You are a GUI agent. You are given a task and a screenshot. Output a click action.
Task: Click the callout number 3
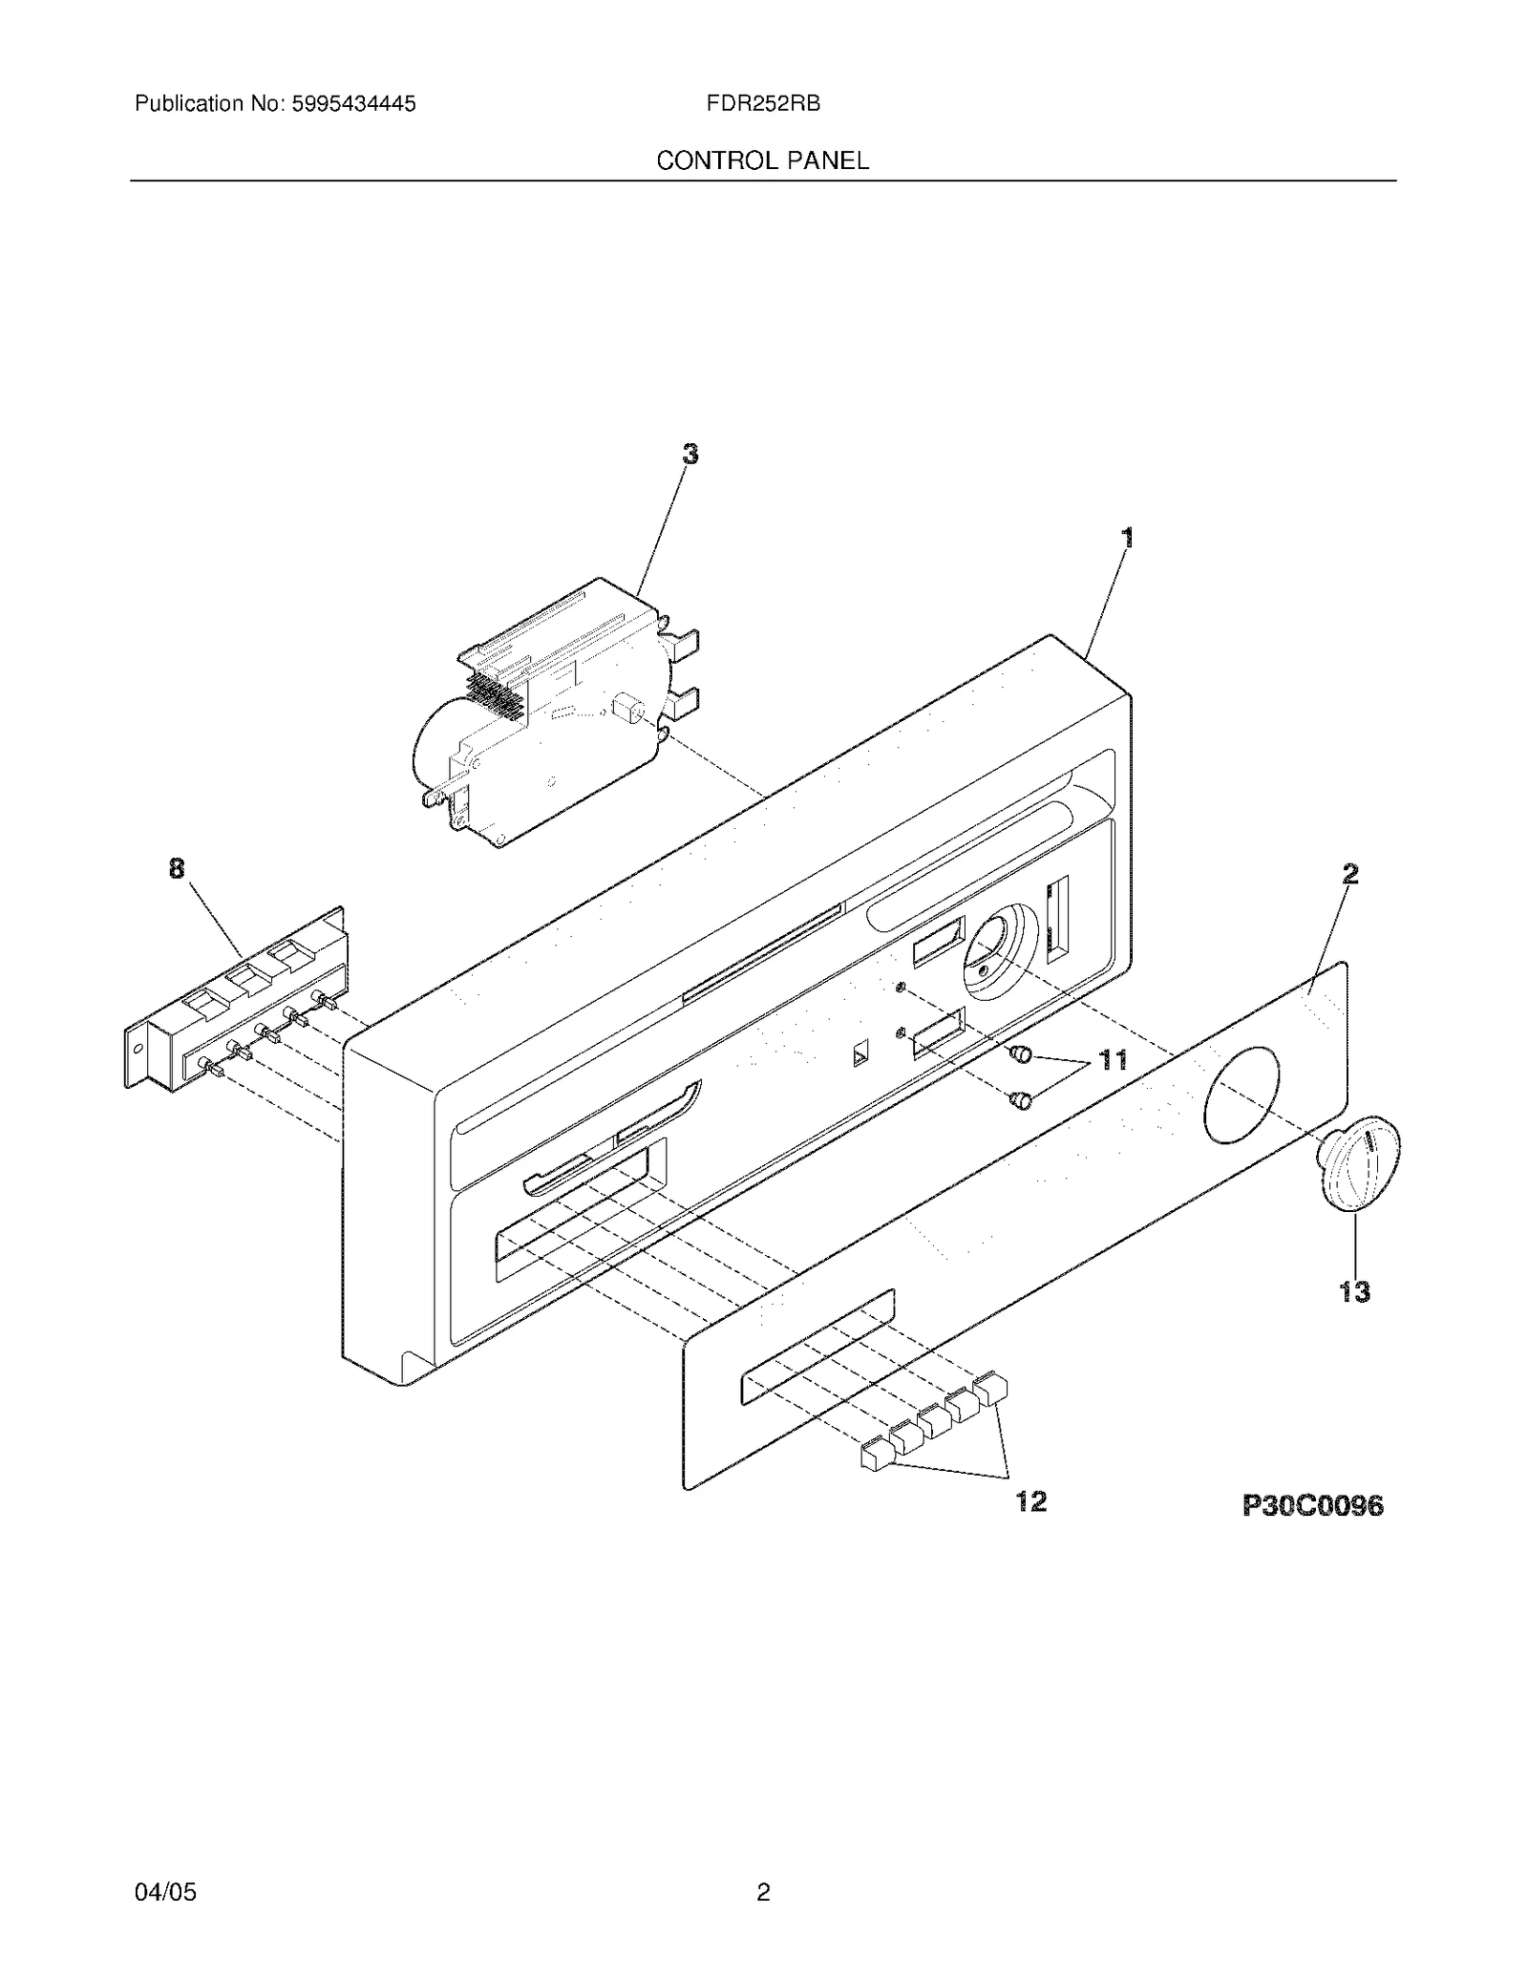[x=690, y=455]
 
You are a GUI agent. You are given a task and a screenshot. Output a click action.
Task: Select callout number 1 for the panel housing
[x=1128, y=538]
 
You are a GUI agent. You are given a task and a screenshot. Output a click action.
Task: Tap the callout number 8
[x=177, y=868]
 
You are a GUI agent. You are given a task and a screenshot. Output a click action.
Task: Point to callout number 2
[x=1349, y=874]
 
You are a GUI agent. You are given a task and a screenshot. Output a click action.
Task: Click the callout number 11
[x=1113, y=1059]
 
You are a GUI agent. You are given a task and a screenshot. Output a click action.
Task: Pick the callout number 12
[x=1031, y=1501]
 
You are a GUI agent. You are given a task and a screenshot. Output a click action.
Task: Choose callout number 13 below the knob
[x=1354, y=1292]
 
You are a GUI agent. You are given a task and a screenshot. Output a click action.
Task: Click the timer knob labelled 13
[x=1358, y=1163]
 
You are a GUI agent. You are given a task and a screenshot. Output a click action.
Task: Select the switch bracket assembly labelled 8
[x=236, y=998]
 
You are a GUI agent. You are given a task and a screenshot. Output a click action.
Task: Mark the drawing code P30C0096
[x=1312, y=1506]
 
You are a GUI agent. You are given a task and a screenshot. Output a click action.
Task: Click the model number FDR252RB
[x=763, y=104]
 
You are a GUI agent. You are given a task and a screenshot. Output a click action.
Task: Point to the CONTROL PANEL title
[x=763, y=160]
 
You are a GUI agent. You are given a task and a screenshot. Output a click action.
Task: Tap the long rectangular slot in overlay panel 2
[x=818, y=1348]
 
